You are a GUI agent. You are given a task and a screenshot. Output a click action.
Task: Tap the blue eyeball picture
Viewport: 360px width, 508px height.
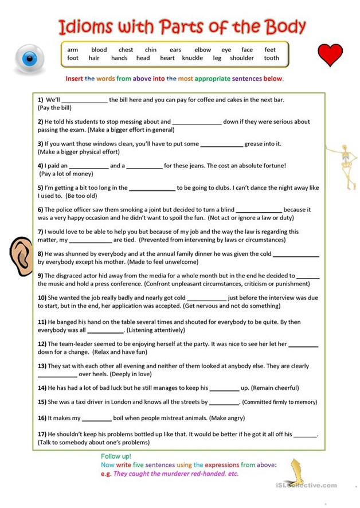point(29,57)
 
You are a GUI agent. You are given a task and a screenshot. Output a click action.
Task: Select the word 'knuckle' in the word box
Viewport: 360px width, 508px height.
point(192,58)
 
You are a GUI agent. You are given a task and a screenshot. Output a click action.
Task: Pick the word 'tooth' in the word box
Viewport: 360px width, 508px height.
point(271,58)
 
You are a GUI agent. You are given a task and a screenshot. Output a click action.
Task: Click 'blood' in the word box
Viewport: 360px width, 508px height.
point(99,50)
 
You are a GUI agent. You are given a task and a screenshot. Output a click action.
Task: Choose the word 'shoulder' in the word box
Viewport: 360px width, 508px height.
point(242,58)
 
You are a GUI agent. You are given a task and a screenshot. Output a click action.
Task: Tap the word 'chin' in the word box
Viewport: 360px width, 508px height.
point(151,50)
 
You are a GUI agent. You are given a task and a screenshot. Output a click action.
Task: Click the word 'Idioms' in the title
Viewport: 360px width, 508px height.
point(85,26)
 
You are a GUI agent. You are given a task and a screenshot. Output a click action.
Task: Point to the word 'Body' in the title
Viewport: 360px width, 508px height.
point(284,26)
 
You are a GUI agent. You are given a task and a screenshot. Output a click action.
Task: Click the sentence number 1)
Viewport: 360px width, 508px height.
point(41,99)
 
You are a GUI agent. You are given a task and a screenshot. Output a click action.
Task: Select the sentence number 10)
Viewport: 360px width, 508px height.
point(42,298)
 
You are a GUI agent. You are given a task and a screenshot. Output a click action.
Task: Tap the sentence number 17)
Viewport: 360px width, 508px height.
point(42,434)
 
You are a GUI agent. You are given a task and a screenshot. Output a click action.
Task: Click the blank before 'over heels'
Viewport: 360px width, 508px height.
point(57,375)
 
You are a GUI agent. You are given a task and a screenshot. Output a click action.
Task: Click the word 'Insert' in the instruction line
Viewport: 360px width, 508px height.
point(75,79)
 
